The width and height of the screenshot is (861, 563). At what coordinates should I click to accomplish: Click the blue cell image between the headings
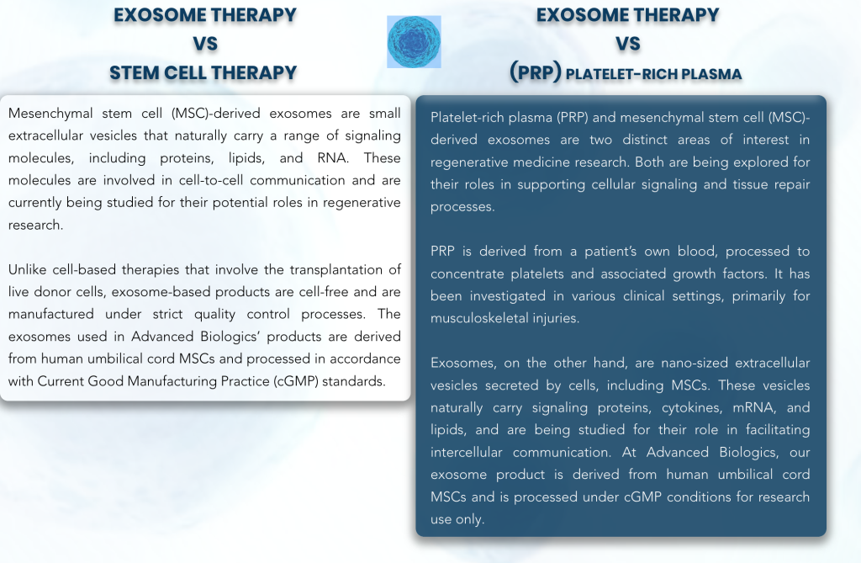[414, 42]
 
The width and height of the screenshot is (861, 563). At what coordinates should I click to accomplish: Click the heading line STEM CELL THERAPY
[203, 72]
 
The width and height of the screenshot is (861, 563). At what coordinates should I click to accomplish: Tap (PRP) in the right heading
[536, 72]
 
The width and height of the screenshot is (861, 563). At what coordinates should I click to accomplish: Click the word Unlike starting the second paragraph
[27, 270]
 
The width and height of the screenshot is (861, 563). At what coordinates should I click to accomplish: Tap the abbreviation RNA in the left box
[331, 158]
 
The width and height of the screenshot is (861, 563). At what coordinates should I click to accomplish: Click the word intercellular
[466, 453]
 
